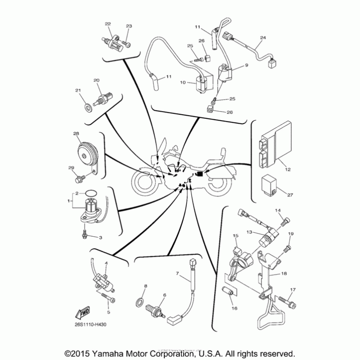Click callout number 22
(x=108, y=23)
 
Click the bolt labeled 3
(x=85, y=234)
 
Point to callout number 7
(x=177, y=273)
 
